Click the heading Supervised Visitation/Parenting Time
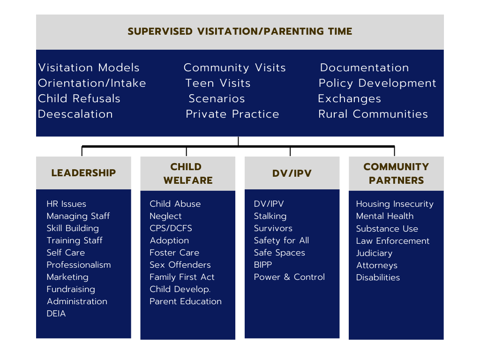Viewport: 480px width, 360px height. coord(240,31)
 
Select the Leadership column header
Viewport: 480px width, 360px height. coord(83,172)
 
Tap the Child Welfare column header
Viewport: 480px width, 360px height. coord(187,173)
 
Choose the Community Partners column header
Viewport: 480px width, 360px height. coord(396,173)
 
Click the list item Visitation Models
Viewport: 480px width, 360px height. coord(89,67)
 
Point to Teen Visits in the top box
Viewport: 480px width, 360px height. coord(218,83)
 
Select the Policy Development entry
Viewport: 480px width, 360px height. coord(377,83)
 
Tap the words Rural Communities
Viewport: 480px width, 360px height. coord(373,114)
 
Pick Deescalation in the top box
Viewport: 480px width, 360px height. coord(75,114)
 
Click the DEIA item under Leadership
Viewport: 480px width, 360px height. coord(56,314)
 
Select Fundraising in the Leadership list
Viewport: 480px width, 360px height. coord(71,289)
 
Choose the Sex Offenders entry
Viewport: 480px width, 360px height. coord(180,265)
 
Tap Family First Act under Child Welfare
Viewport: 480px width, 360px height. coord(182,277)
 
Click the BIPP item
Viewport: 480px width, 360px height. coord(262,265)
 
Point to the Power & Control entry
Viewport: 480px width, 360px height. coord(289,277)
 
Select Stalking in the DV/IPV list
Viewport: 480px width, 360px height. coord(270,216)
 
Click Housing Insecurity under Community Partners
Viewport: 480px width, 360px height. coord(395,204)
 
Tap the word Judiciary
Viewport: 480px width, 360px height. coord(374,253)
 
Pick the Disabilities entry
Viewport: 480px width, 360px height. coord(378,277)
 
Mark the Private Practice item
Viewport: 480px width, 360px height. coord(232,114)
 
